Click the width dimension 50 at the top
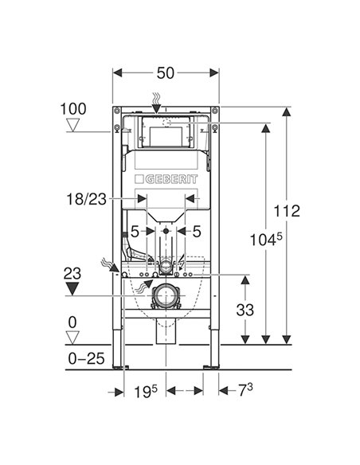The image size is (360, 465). coord(166,73)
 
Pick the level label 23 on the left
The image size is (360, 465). coord(72,273)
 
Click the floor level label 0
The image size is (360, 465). coord(74,322)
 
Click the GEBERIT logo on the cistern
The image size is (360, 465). coord(166,179)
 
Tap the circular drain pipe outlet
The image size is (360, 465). coord(166,297)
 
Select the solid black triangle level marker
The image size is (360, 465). coord(73,288)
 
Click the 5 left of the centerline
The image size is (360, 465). coord(135,232)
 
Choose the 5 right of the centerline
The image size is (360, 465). coord(196,232)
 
